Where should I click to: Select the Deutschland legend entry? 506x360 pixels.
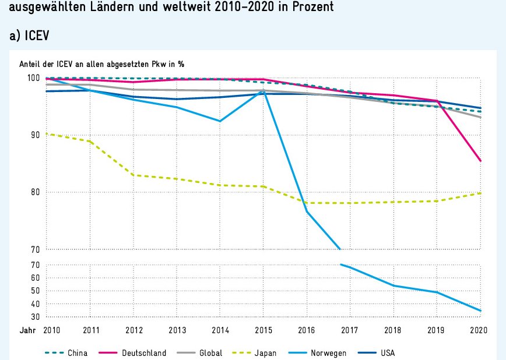coord(144,353)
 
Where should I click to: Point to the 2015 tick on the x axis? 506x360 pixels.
coord(263,330)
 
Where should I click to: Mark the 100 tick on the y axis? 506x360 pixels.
coord(33,78)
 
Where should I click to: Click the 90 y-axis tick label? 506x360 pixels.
coord(35,135)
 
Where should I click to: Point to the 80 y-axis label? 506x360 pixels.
coord(35,192)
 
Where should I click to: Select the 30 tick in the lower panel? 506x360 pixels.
coord(35,317)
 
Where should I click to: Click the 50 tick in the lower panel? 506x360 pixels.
coord(35,291)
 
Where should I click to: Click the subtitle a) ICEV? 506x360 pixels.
coord(29,36)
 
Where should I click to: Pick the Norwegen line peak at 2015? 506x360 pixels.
coord(263,91)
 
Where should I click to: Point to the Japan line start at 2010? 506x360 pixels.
coord(46,134)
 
